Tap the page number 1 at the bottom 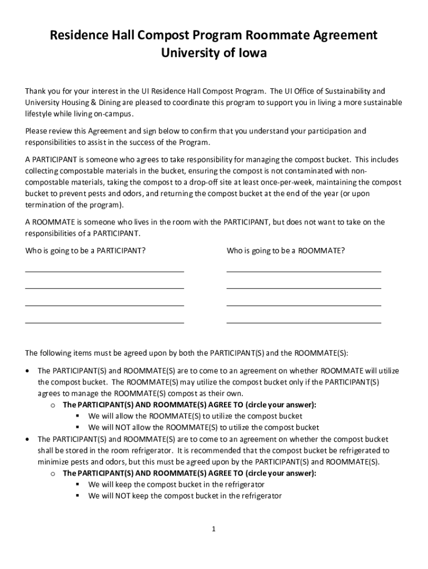(213, 529)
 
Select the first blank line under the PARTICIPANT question (104, 271)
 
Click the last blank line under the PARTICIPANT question (104, 322)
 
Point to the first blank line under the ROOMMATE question (303, 271)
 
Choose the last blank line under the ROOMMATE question (303, 322)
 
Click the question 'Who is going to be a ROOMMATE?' (285, 251)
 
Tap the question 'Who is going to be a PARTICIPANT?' (86, 251)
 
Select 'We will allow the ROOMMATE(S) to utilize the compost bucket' (195, 416)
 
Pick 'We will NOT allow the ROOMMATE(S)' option (203, 427)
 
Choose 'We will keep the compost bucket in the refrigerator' (176, 485)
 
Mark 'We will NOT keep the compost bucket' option (185, 496)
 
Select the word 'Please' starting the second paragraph (36, 131)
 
